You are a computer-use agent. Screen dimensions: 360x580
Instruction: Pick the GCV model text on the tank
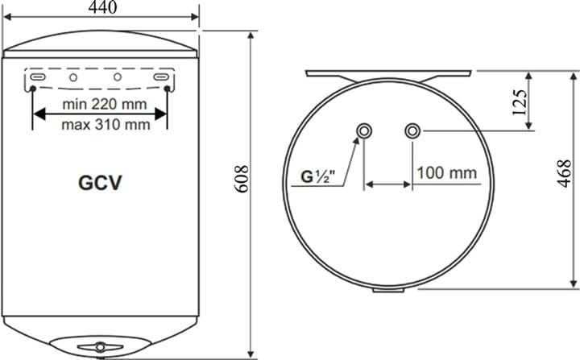click(100, 183)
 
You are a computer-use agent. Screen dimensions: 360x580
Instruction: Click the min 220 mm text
click(100, 105)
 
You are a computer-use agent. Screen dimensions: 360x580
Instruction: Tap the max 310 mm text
click(100, 124)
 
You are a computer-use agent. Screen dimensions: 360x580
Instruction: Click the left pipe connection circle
click(365, 130)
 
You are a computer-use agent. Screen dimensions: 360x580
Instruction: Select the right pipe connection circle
click(413, 130)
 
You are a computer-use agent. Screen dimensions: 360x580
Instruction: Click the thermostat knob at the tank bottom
click(100, 346)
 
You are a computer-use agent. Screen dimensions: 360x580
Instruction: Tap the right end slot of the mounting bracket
click(164, 77)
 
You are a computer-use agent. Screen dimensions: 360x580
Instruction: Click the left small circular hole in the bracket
click(73, 77)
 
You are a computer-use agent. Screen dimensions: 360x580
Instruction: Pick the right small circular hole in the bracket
click(118, 77)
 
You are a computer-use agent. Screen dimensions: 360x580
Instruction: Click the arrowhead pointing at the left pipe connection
click(356, 142)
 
